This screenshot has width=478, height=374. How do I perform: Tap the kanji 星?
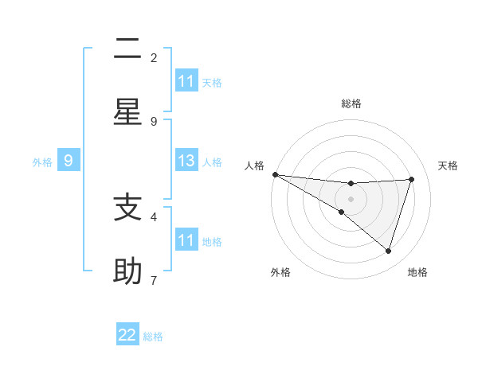click(127, 112)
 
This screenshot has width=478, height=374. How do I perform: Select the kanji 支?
click(127, 208)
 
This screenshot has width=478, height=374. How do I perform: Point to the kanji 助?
click(127, 271)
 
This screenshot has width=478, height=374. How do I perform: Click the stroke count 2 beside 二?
click(154, 57)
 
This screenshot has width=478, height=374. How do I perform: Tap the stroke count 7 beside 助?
click(154, 280)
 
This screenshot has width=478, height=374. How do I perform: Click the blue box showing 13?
click(186, 162)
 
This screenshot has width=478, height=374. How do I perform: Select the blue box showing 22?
click(127, 335)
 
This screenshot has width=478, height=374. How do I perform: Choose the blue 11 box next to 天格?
click(186, 81)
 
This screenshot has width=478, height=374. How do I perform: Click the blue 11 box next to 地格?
click(186, 240)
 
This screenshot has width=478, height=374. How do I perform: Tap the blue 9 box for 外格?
click(69, 162)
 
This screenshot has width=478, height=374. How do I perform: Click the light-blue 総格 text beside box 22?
click(153, 337)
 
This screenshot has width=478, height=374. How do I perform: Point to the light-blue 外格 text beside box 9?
click(42, 162)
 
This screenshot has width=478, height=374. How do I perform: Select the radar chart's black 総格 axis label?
click(351, 103)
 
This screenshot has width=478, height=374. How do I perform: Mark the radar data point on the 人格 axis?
click(275, 174)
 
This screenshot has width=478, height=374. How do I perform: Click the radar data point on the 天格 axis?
click(411, 179)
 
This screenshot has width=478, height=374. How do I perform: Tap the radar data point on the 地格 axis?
click(388, 251)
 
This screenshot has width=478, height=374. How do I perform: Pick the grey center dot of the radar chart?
click(351, 198)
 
